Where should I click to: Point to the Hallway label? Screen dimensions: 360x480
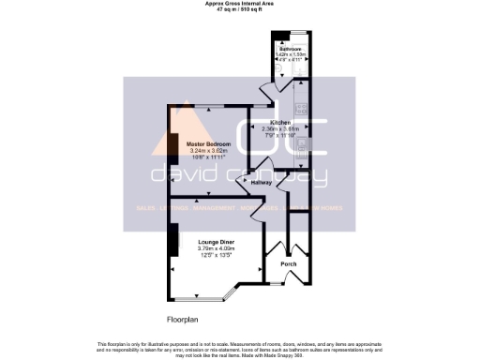click(x=262, y=183)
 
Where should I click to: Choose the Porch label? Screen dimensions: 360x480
click(x=287, y=263)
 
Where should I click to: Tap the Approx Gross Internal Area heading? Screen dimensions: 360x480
click(x=241, y=4)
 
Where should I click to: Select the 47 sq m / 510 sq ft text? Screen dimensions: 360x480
click(x=241, y=9)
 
